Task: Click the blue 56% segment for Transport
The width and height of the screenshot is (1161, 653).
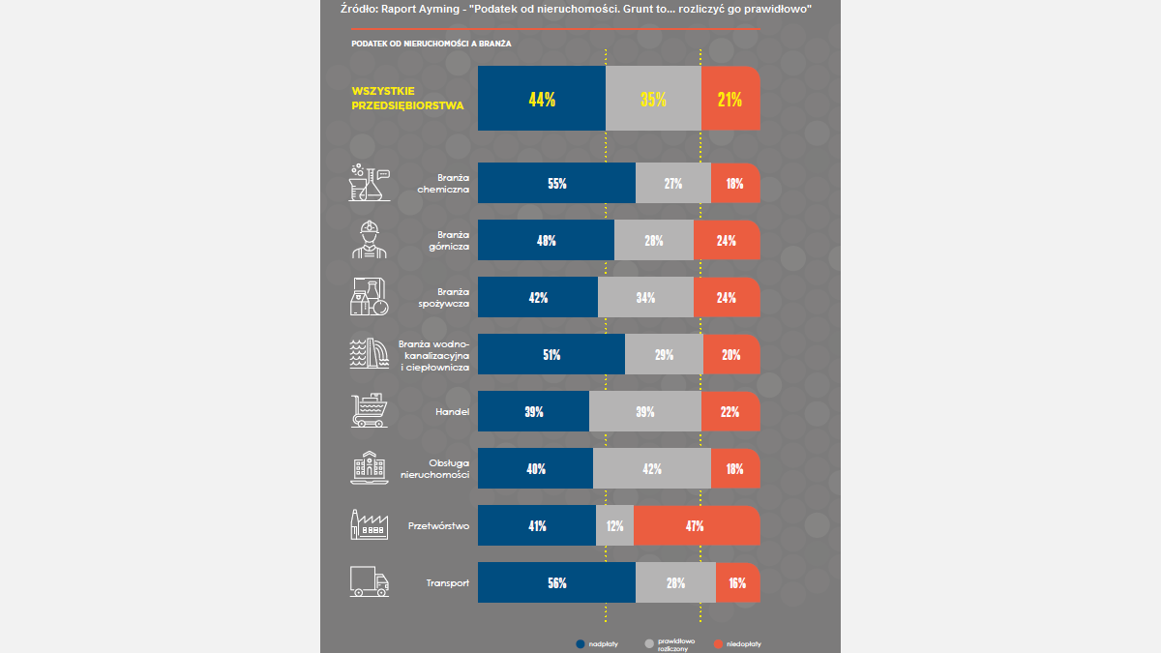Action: (x=556, y=583)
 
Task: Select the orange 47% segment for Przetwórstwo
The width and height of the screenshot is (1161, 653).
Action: (x=695, y=526)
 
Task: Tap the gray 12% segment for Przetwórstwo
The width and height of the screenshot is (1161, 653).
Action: (x=615, y=526)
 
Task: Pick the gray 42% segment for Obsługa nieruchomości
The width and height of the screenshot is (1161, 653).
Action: (x=652, y=469)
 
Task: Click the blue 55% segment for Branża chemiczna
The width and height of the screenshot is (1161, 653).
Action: (x=556, y=184)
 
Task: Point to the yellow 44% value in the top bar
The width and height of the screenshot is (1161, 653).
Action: (x=542, y=99)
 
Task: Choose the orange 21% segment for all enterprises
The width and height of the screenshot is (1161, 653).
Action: (x=729, y=99)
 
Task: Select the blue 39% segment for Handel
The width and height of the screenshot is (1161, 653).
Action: (x=533, y=412)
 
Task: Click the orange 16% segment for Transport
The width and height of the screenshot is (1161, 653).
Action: (x=737, y=583)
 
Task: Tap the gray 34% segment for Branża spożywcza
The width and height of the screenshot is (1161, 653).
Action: (x=645, y=298)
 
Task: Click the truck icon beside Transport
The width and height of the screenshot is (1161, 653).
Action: (x=369, y=582)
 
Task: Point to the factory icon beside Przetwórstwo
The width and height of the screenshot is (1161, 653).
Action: (x=369, y=525)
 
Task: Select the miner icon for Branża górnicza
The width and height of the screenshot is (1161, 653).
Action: (x=369, y=240)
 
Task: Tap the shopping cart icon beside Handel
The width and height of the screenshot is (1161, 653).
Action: (x=369, y=411)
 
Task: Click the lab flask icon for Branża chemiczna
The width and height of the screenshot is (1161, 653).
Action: (x=369, y=183)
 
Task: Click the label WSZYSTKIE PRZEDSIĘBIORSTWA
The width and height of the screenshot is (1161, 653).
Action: (x=407, y=99)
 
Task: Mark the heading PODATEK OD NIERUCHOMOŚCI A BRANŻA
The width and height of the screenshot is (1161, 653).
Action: (x=432, y=44)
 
